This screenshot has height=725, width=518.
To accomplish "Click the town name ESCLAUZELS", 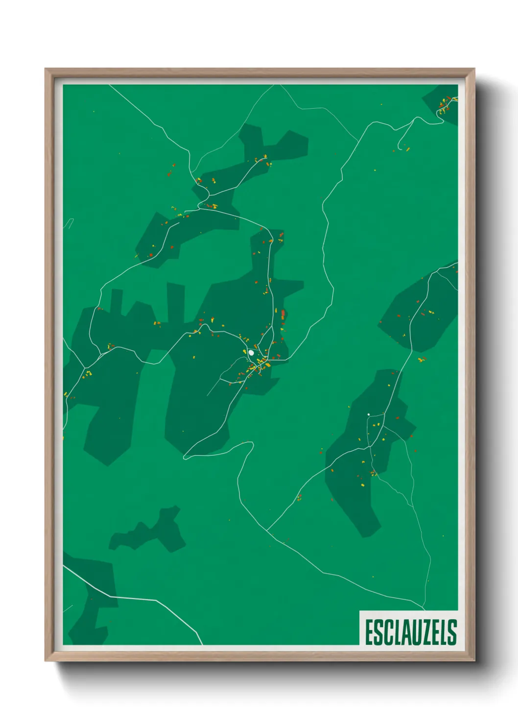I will [411, 632].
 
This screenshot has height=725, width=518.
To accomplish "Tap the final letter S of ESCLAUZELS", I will [452, 632].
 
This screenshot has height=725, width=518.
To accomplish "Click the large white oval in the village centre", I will [251, 352].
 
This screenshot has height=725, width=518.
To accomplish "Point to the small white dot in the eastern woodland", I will [368, 414].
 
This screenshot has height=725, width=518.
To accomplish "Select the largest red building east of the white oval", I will [283, 314].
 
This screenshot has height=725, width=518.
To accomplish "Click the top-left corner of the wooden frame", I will [46, 69].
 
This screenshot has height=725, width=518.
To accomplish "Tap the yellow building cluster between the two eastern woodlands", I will [422, 360].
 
